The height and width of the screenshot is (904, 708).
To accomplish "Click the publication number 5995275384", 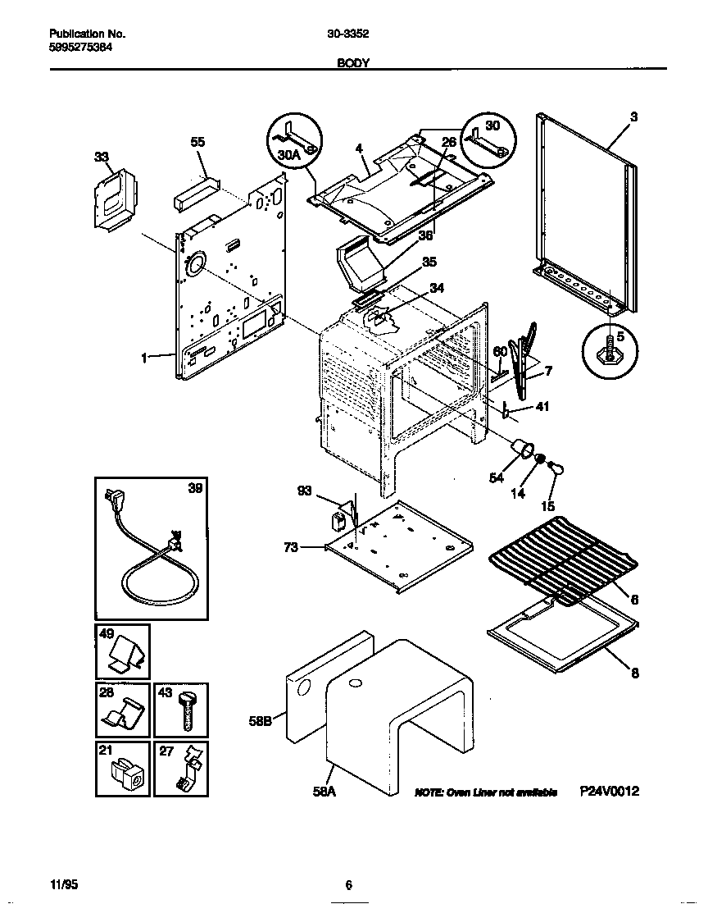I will pyautogui.click(x=81, y=48).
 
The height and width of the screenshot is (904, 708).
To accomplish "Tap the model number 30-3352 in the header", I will pyautogui.click(x=349, y=35).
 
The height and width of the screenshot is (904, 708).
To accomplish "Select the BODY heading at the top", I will pyautogui.click(x=352, y=62).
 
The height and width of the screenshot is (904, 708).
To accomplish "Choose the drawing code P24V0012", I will pyautogui.click(x=608, y=792).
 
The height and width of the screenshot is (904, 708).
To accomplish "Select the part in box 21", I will pyautogui.click(x=124, y=774).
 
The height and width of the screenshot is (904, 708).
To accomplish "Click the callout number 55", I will pyautogui.click(x=197, y=142).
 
